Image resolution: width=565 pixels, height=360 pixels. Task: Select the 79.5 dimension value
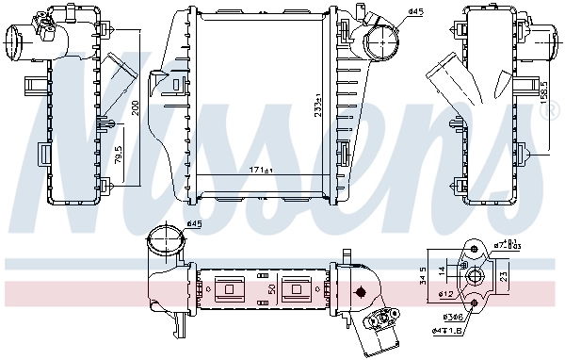pos(119,154)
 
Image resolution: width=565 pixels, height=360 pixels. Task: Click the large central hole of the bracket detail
pos(476,276)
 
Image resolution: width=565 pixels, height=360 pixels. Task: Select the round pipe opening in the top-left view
pos(18,43)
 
